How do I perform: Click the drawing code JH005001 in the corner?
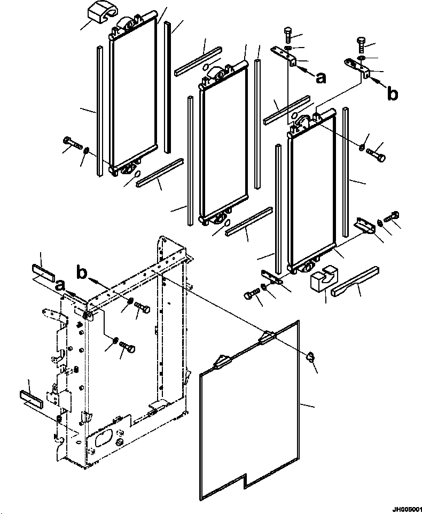407,509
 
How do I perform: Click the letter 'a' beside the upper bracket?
321,77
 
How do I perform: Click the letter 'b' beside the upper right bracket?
392,94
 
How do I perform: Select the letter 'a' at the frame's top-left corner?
60,285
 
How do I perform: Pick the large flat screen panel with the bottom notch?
249,410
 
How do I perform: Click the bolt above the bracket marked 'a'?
288,34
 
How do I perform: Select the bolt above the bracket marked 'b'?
361,45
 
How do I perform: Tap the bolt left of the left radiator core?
72,143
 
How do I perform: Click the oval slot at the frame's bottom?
104,438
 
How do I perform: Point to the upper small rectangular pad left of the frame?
44,272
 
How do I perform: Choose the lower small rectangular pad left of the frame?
32,399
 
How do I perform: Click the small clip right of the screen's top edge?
310,357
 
